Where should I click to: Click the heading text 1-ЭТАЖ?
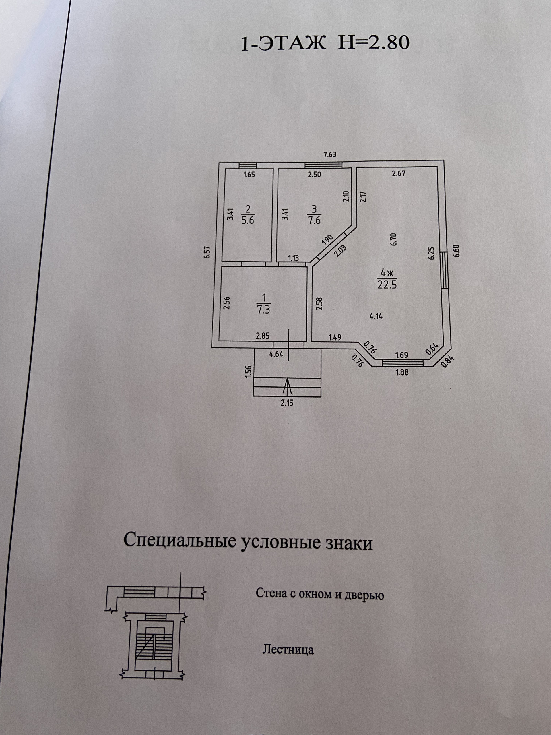(x=283, y=44)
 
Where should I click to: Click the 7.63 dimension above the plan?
(x=330, y=154)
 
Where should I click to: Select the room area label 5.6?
(x=248, y=220)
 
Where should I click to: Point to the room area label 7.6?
(x=314, y=220)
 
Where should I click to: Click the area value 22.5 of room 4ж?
(x=387, y=285)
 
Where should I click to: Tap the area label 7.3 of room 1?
(x=264, y=310)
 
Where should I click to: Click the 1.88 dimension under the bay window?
(x=402, y=372)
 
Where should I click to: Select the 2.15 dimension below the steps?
(x=288, y=403)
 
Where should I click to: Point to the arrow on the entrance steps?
(x=288, y=386)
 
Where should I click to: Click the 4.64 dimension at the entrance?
(x=276, y=354)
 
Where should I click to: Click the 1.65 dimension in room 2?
(x=249, y=175)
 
